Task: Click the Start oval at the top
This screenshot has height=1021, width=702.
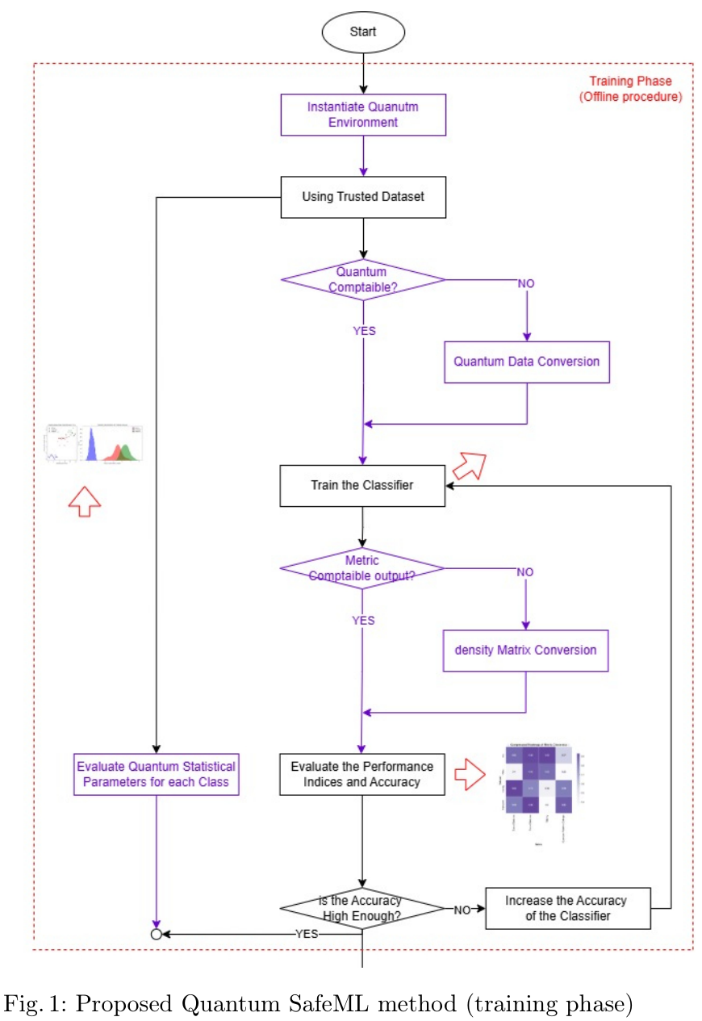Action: coord(363,31)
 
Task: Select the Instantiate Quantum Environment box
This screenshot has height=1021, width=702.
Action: coord(363,115)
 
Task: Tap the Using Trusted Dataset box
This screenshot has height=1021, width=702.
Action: coord(363,197)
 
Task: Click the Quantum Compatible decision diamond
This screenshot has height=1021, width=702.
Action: coord(363,280)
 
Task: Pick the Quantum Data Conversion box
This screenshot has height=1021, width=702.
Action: coord(526,362)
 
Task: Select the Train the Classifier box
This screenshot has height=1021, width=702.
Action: coord(363,486)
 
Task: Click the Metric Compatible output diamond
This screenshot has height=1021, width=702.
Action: coord(363,568)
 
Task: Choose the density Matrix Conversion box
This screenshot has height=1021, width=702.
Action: coord(526,651)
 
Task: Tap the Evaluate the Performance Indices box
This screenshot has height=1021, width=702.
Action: coord(363,774)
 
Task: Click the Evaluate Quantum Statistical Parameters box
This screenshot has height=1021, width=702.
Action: coord(157,774)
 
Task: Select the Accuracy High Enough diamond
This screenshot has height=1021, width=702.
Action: coord(363,908)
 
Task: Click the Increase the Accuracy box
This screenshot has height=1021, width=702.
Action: coord(567,908)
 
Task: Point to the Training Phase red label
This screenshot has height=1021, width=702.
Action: coord(630,89)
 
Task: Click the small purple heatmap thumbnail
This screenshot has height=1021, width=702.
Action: coord(536,783)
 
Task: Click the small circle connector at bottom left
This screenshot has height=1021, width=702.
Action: coord(157,934)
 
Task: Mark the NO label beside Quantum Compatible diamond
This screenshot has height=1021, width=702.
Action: coord(525,283)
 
